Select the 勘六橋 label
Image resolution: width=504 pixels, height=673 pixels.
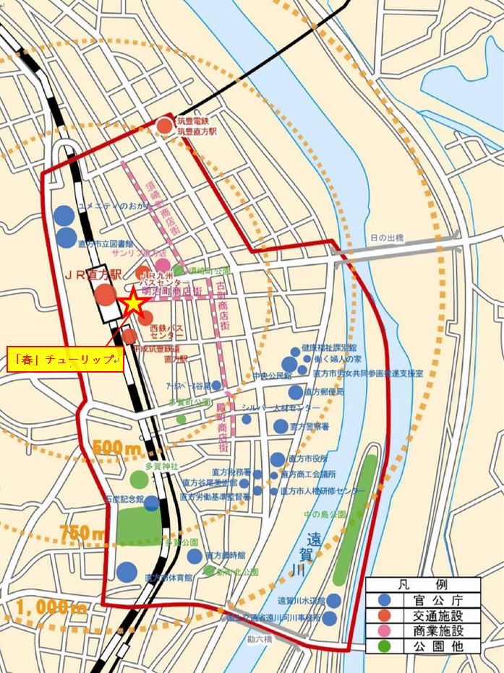coord(258,639)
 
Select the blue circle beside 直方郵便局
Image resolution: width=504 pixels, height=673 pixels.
coord(296,392)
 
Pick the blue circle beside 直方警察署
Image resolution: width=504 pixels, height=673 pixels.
coord(281,426)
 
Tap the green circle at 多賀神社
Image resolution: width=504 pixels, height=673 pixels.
coord(139,479)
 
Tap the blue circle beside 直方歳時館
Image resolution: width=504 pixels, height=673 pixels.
coord(195,556)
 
